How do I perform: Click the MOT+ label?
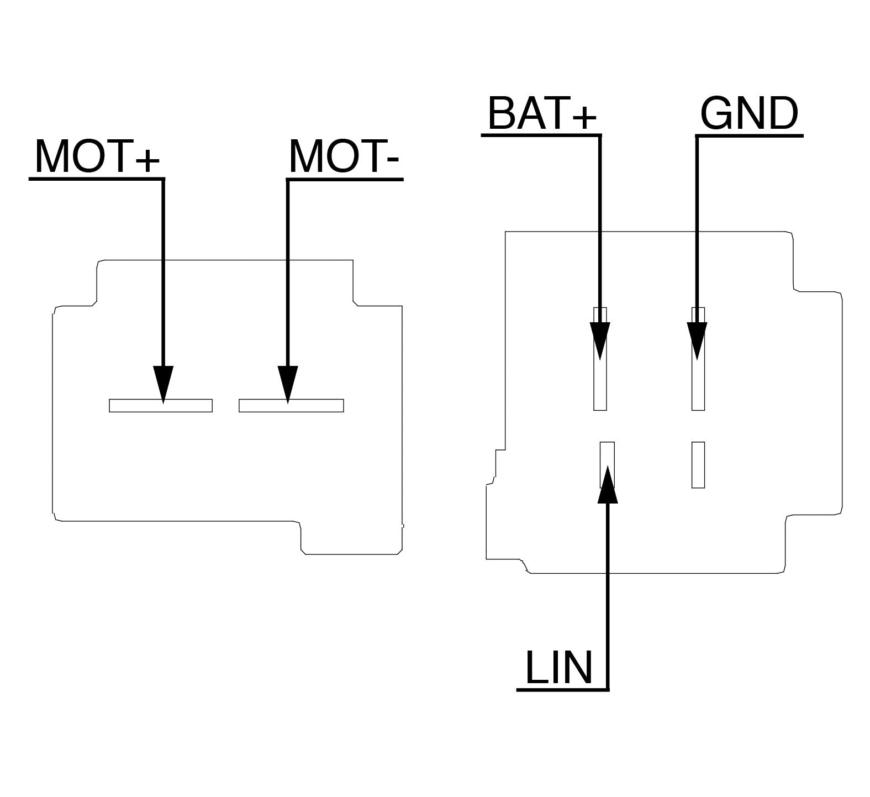click(97, 157)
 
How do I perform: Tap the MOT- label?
click(344, 157)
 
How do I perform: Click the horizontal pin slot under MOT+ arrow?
click(161, 405)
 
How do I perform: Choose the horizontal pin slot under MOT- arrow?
click(291, 405)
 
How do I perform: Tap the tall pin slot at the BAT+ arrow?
click(600, 359)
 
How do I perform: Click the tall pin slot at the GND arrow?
click(698, 359)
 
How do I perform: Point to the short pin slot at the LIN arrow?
click(607, 465)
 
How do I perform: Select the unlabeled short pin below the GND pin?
click(698, 465)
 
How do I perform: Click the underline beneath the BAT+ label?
click(541, 134)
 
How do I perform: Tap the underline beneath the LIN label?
click(562, 689)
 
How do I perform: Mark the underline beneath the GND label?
click(749, 135)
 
